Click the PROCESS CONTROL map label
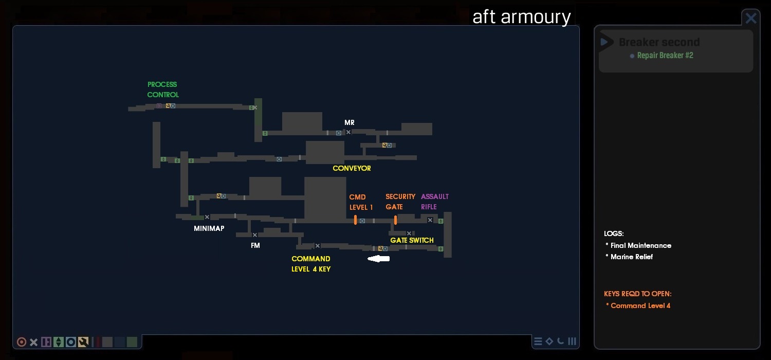[x=162, y=89]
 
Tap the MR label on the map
[x=350, y=122]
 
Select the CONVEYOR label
[x=352, y=168]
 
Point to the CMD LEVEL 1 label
[x=361, y=202]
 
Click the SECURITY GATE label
[x=400, y=202]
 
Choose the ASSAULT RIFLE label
[x=434, y=202]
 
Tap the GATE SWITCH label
[x=412, y=240]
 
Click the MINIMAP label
[x=209, y=228]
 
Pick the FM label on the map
[x=255, y=245]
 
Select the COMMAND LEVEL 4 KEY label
[x=311, y=264]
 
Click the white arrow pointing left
[x=378, y=259]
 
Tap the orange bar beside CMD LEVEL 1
[x=355, y=220]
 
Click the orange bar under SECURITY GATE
[x=395, y=220]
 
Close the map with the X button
[x=751, y=19]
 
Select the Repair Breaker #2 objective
[x=665, y=56]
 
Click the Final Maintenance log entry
[x=640, y=245]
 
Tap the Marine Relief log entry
[x=631, y=257]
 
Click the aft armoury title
[x=521, y=17]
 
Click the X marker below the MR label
[x=348, y=132]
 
